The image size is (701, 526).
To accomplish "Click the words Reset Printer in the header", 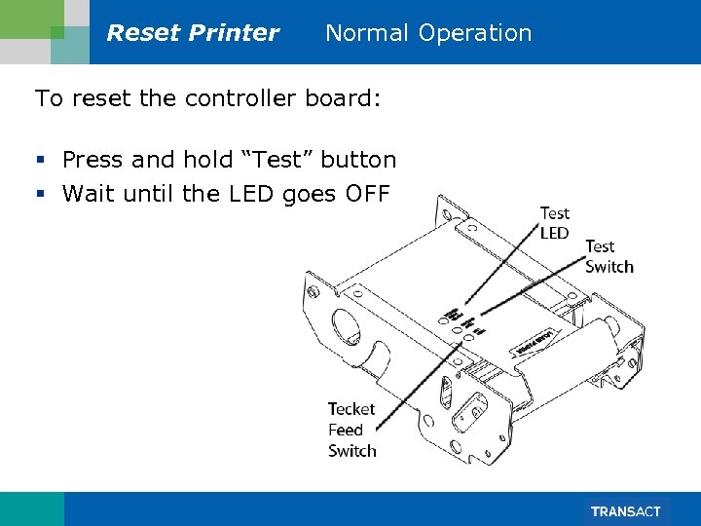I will point(193,33).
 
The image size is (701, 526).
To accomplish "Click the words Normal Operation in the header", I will point(428,33).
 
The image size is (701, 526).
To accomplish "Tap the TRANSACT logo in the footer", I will point(625,511).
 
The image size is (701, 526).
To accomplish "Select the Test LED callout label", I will point(554,223).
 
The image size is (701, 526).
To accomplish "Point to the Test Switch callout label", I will point(609,257).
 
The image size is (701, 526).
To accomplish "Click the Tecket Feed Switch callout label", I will point(351,430).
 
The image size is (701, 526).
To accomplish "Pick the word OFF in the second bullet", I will point(367,194).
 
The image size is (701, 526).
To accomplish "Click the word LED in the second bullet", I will point(251,194).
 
